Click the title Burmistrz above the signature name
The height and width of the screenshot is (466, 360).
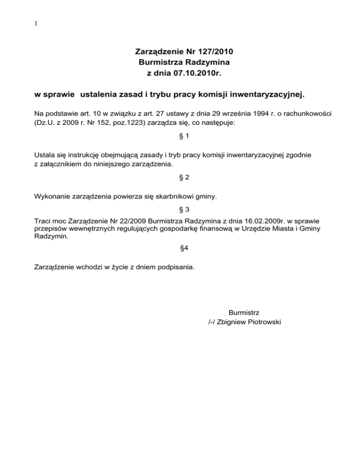tap(244, 312)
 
